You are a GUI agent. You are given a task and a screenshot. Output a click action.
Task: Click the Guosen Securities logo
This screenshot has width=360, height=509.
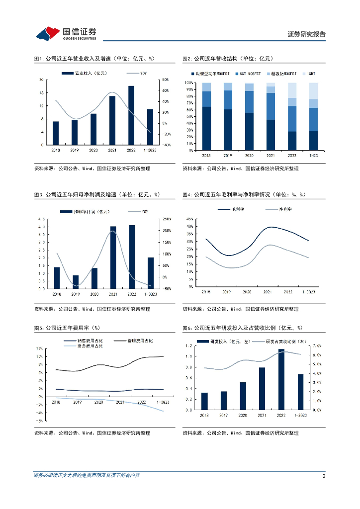click(66, 34)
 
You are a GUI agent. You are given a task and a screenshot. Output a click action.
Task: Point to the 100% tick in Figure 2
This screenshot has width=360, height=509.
click(189, 83)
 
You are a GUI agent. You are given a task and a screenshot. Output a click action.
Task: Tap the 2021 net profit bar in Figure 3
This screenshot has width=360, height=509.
click(113, 257)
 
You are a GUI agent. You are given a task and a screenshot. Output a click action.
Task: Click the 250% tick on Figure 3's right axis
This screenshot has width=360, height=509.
click(167, 219)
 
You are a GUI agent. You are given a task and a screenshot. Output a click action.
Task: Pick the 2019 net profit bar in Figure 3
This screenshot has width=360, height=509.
click(76, 282)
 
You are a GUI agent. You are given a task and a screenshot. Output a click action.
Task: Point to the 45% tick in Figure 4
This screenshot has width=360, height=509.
click(189, 219)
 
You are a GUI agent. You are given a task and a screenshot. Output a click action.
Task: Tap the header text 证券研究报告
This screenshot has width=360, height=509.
click(307, 34)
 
